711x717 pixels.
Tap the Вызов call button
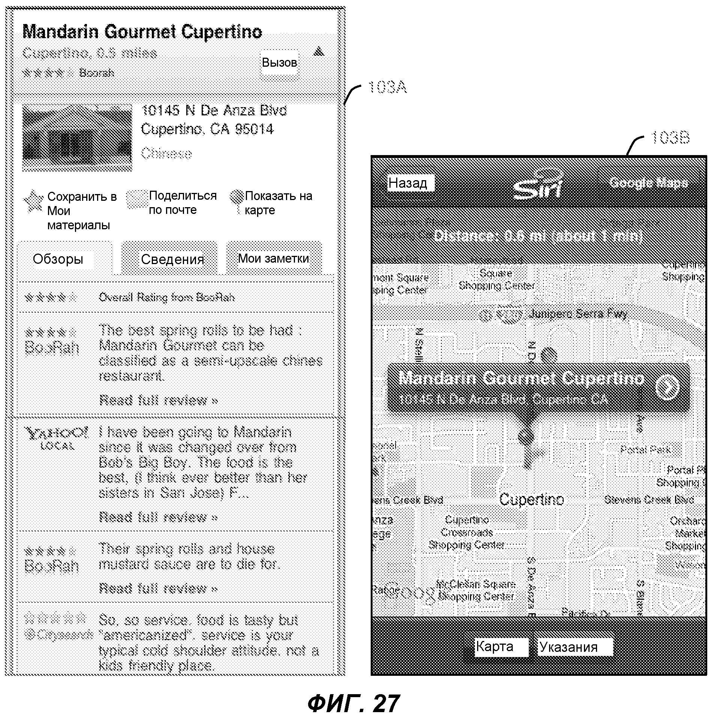tap(280, 63)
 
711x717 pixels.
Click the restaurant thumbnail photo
tap(77, 137)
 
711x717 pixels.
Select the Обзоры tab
tap(58, 259)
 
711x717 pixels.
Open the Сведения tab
tap(172, 259)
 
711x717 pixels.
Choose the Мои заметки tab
tap(274, 258)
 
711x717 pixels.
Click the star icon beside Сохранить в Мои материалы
tap(33, 202)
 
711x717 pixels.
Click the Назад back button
tap(409, 183)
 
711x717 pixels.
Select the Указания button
tap(569, 647)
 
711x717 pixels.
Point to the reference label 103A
tap(387, 88)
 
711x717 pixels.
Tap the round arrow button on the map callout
tap(667, 387)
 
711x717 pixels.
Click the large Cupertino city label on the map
tap(531, 499)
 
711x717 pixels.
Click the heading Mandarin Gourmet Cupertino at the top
tap(142, 32)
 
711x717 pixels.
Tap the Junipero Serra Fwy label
tap(577, 314)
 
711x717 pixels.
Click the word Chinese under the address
tap(166, 154)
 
